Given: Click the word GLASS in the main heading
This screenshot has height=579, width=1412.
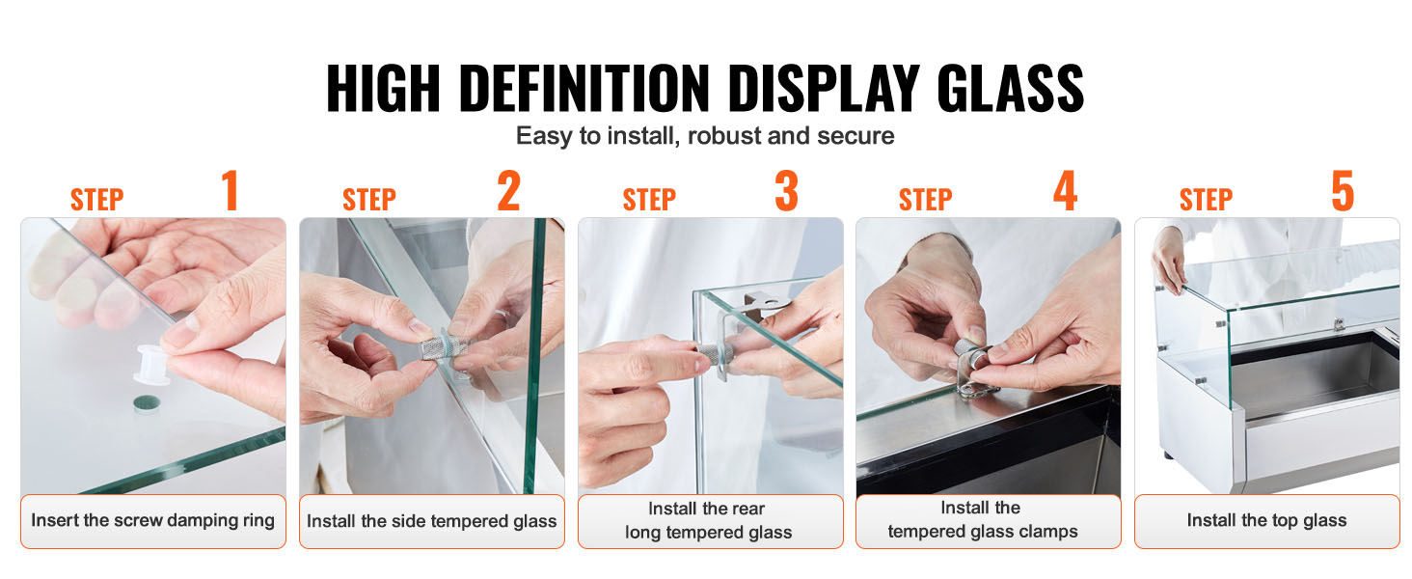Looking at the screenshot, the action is (1010, 89).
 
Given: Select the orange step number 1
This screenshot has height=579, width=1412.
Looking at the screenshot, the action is (231, 190).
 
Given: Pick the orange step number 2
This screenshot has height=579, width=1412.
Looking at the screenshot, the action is (508, 190).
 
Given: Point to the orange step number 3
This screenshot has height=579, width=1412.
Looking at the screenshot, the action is (787, 190).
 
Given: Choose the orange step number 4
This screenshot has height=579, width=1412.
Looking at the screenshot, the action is (1066, 190).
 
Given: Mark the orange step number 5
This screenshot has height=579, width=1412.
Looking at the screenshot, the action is (1343, 190).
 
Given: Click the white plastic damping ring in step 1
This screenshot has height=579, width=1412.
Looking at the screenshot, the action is (152, 365).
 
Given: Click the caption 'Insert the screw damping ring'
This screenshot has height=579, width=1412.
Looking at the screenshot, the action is (152, 520).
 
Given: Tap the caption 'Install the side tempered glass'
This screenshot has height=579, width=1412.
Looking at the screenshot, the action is (432, 521).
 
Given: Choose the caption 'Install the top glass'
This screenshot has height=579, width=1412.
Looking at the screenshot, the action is (1266, 520).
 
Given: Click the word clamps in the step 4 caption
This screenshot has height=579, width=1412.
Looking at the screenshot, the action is (1045, 532).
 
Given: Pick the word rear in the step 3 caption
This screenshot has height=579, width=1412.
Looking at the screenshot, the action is (748, 509).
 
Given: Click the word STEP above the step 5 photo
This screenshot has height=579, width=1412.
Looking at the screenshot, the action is (1206, 200).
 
